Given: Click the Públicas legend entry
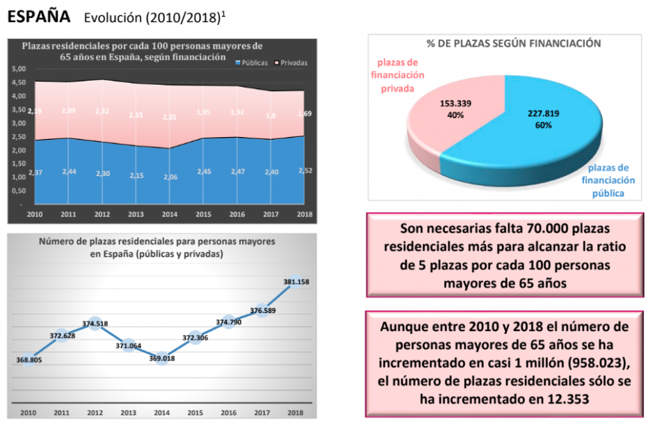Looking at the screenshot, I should pyautogui.click(x=251, y=63).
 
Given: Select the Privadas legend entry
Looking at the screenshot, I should pyautogui.click(x=292, y=63).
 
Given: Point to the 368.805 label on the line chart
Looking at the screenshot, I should pyautogui.click(x=29, y=360).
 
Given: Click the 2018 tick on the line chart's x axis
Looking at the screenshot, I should pyautogui.click(x=296, y=413).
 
